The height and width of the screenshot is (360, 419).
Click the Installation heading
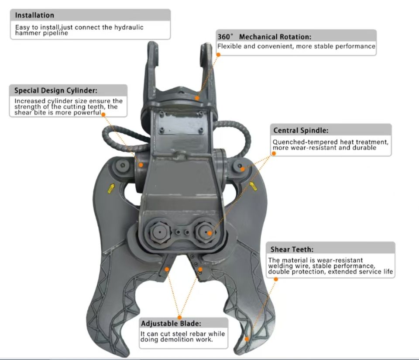tap(35, 16)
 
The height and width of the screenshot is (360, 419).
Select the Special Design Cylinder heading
tap(56, 91)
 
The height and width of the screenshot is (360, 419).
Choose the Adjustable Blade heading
tap(171, 324)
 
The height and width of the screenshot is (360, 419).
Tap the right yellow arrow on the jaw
tap(254, 187)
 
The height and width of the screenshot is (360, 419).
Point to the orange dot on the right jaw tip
tap(247, 338)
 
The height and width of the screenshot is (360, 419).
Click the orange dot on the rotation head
tap(197, 98)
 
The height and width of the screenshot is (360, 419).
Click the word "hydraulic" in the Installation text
tap(129, 27)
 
